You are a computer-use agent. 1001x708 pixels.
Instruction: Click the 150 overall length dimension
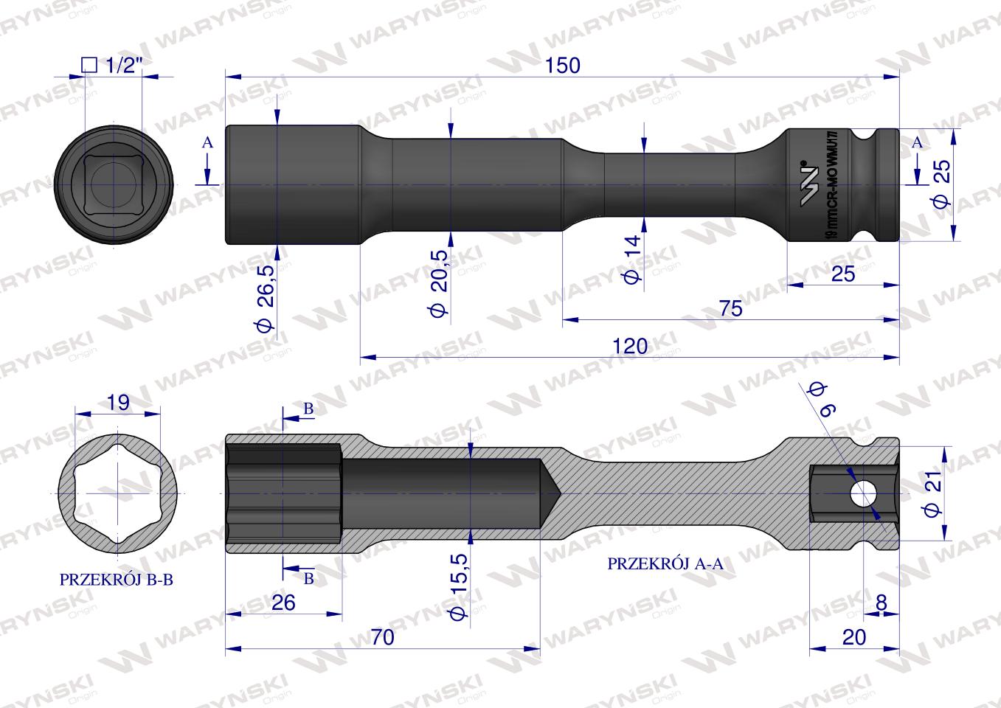562,65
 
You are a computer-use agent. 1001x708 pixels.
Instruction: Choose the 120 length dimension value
630,345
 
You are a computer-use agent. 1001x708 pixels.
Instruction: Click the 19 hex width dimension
118,403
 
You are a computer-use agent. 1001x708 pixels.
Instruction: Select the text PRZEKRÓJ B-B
117,580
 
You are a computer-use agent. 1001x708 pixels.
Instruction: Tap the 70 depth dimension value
383,636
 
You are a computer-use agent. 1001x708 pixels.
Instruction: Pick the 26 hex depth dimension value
283,602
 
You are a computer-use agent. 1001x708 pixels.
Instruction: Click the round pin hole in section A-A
861,493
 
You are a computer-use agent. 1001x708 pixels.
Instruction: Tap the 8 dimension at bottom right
881,602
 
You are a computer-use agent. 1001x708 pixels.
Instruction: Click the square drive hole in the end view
114,184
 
